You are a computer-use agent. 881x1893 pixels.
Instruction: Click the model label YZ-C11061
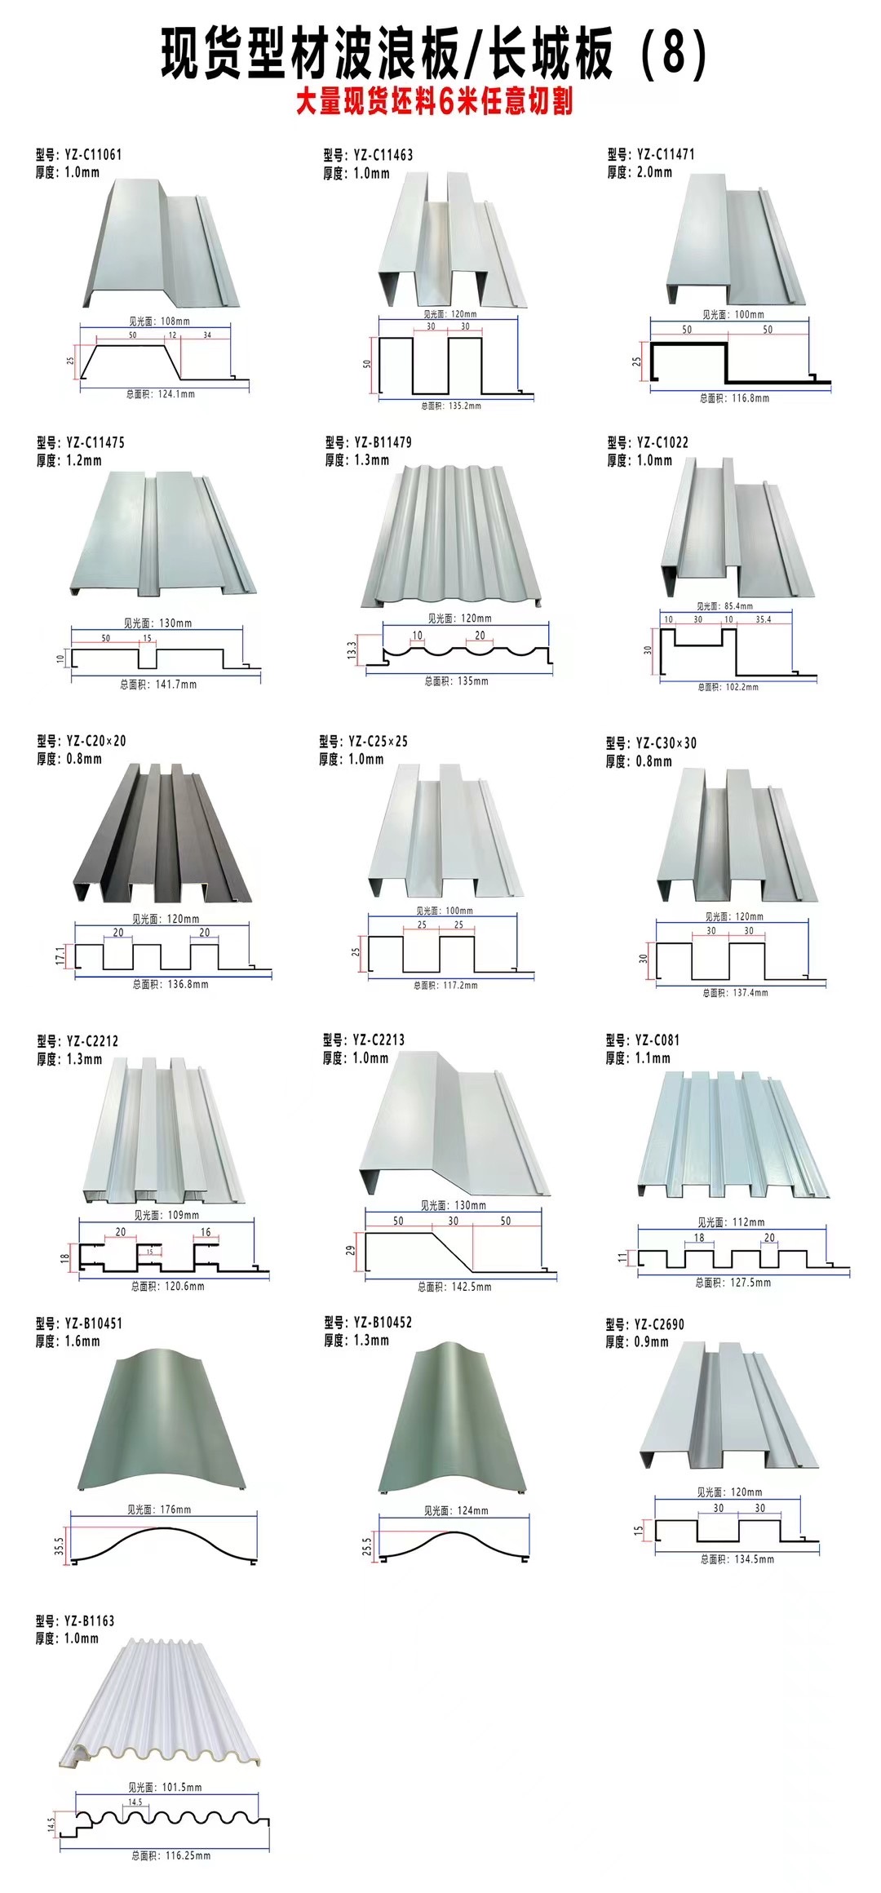79,154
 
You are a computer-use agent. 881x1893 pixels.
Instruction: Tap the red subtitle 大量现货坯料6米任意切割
434,102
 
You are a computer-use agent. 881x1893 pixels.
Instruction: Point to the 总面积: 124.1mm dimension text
161,394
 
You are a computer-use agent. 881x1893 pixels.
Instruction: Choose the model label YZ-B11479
369,442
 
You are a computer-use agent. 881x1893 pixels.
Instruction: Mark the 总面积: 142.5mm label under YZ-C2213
455,1287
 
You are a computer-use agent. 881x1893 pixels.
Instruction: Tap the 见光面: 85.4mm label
725,606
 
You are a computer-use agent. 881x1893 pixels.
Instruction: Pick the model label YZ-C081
642,1040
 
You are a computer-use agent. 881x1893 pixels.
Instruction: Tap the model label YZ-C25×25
364,741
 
